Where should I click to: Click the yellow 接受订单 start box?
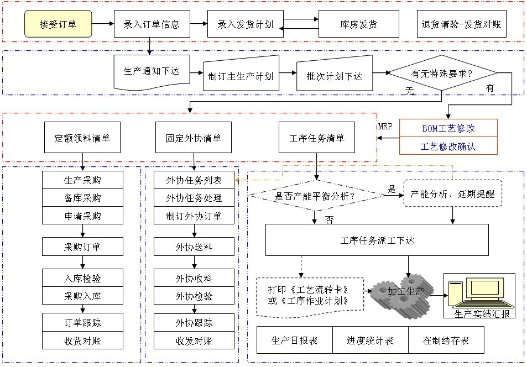pyautogui.click(x=58, y=25)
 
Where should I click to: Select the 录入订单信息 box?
pyautogui.click(x=152, y=25)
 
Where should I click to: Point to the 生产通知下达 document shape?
pyautogui.click(x=151, y=72)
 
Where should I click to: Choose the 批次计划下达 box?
pyautogui.click(x=334, y=76)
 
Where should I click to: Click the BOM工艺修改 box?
pyautogui.click(x=448, y=128)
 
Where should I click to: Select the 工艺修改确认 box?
pyautogui.click(x=448, y=146)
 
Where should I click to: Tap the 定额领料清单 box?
pyautogui.click(x=82, y=138)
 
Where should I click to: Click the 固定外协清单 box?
pyautogui.click(x=194, y=138)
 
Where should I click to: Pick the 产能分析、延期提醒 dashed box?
pyautogui.click(x=453, y=194)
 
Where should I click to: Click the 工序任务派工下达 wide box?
pyautogui.click(x=377, y=240)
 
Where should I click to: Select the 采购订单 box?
pyautogui.click(x=82, y=247)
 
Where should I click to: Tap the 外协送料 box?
pyautogui.click(x=194, y=247)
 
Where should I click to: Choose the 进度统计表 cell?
pyautogui.click(x=370, y=340)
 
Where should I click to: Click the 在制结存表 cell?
pyautogui.click(x=446, y=340)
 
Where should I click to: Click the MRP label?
pyautogui.click(x=385, y=127)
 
